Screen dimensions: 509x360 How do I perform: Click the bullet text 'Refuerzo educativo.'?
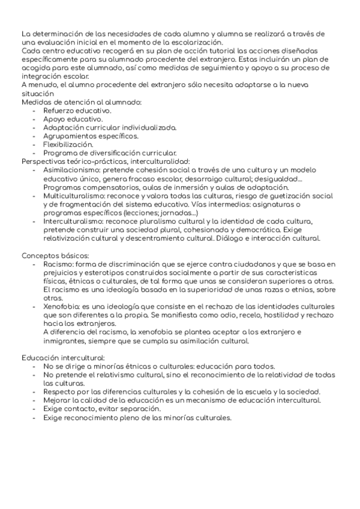pyautogui.click(x=77, y=111)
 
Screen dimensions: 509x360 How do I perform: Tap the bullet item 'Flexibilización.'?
pyautogui.click(x=68, y=145)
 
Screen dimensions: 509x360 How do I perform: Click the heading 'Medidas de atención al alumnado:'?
pyautogui.click(x=81, y=103)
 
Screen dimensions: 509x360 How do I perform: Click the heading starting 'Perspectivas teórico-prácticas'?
pyautogui.click(x=105, y=161)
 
